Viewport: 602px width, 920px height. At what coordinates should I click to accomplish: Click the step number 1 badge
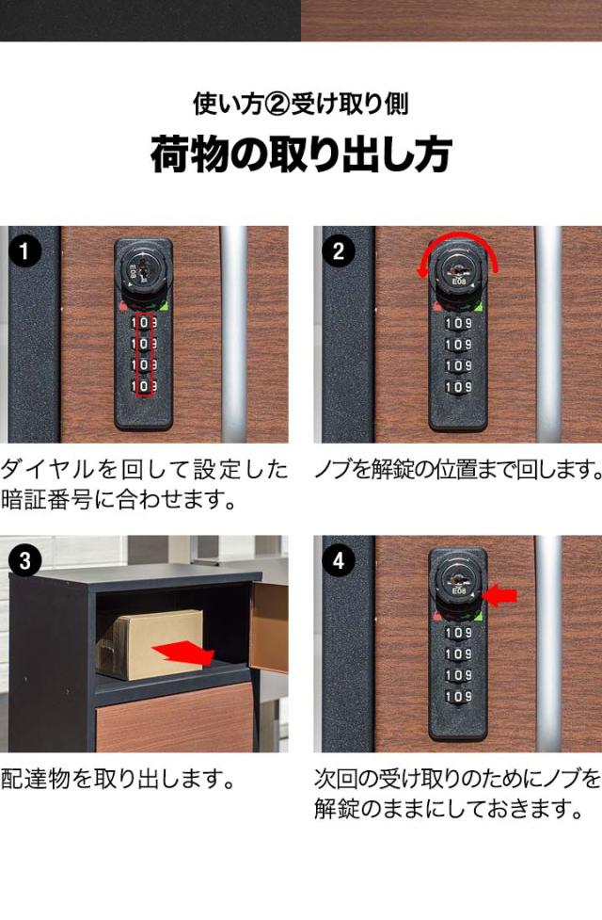24,252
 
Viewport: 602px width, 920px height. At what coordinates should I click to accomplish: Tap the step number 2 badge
339,252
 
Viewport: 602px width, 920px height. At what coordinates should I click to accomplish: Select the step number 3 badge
24,561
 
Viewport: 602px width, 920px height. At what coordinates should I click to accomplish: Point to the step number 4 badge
339,561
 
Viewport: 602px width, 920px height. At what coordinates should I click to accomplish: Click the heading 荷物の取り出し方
301,154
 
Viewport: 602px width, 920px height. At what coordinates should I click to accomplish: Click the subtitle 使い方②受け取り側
301,104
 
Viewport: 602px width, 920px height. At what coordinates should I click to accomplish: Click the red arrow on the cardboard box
182,652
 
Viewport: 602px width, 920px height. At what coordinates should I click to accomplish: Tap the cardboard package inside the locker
150,644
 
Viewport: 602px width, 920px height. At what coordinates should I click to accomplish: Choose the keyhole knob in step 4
458,583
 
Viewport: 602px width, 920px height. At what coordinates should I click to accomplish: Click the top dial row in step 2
458,323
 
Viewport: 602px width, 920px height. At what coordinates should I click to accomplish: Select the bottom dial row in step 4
458,697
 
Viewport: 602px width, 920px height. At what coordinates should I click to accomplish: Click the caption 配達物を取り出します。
119,779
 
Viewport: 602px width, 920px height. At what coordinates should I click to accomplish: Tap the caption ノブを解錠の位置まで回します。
458,470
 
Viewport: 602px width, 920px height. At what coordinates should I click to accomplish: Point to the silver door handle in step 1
234,333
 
